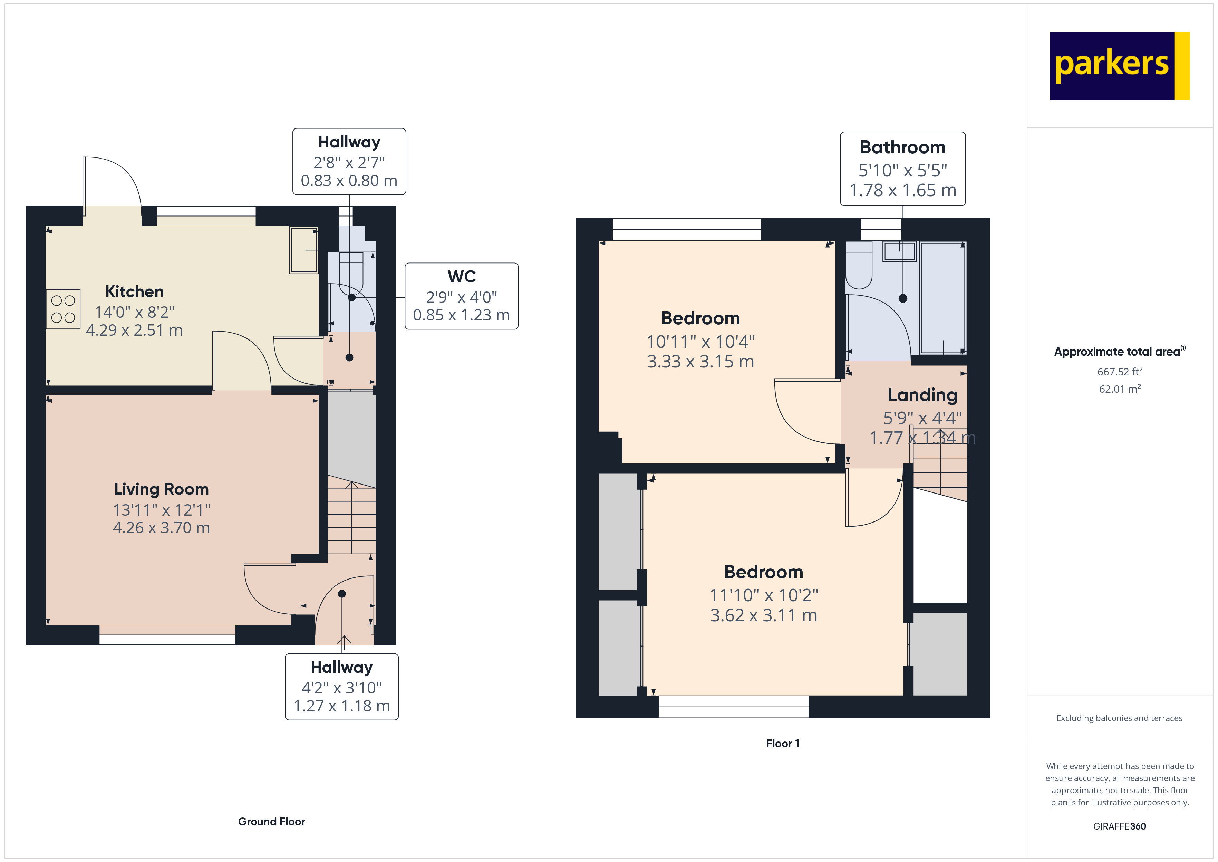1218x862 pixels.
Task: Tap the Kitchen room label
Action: coord(134,291)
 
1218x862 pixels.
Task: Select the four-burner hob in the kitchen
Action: coord(63,309)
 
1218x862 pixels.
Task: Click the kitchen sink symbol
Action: coord(303,250)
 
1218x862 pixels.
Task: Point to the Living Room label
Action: coord(161,489)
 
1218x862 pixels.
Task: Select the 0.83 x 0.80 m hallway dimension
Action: coord(349,181)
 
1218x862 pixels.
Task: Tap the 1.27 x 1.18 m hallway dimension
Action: coord(342,706)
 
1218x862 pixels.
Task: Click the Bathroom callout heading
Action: coord(902,147)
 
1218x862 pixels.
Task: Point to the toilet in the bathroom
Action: coord(858,268)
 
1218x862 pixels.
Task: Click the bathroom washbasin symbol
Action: coord(899,252)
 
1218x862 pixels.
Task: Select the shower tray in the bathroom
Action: coord(943,298)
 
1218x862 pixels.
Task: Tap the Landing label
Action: coord(922,395)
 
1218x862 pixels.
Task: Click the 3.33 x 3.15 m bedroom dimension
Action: coord(700,362)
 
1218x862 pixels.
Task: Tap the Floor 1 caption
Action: coord(782,744)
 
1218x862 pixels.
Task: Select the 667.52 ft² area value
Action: coord(1119,372)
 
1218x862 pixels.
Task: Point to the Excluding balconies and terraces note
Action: coord(1119,718)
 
